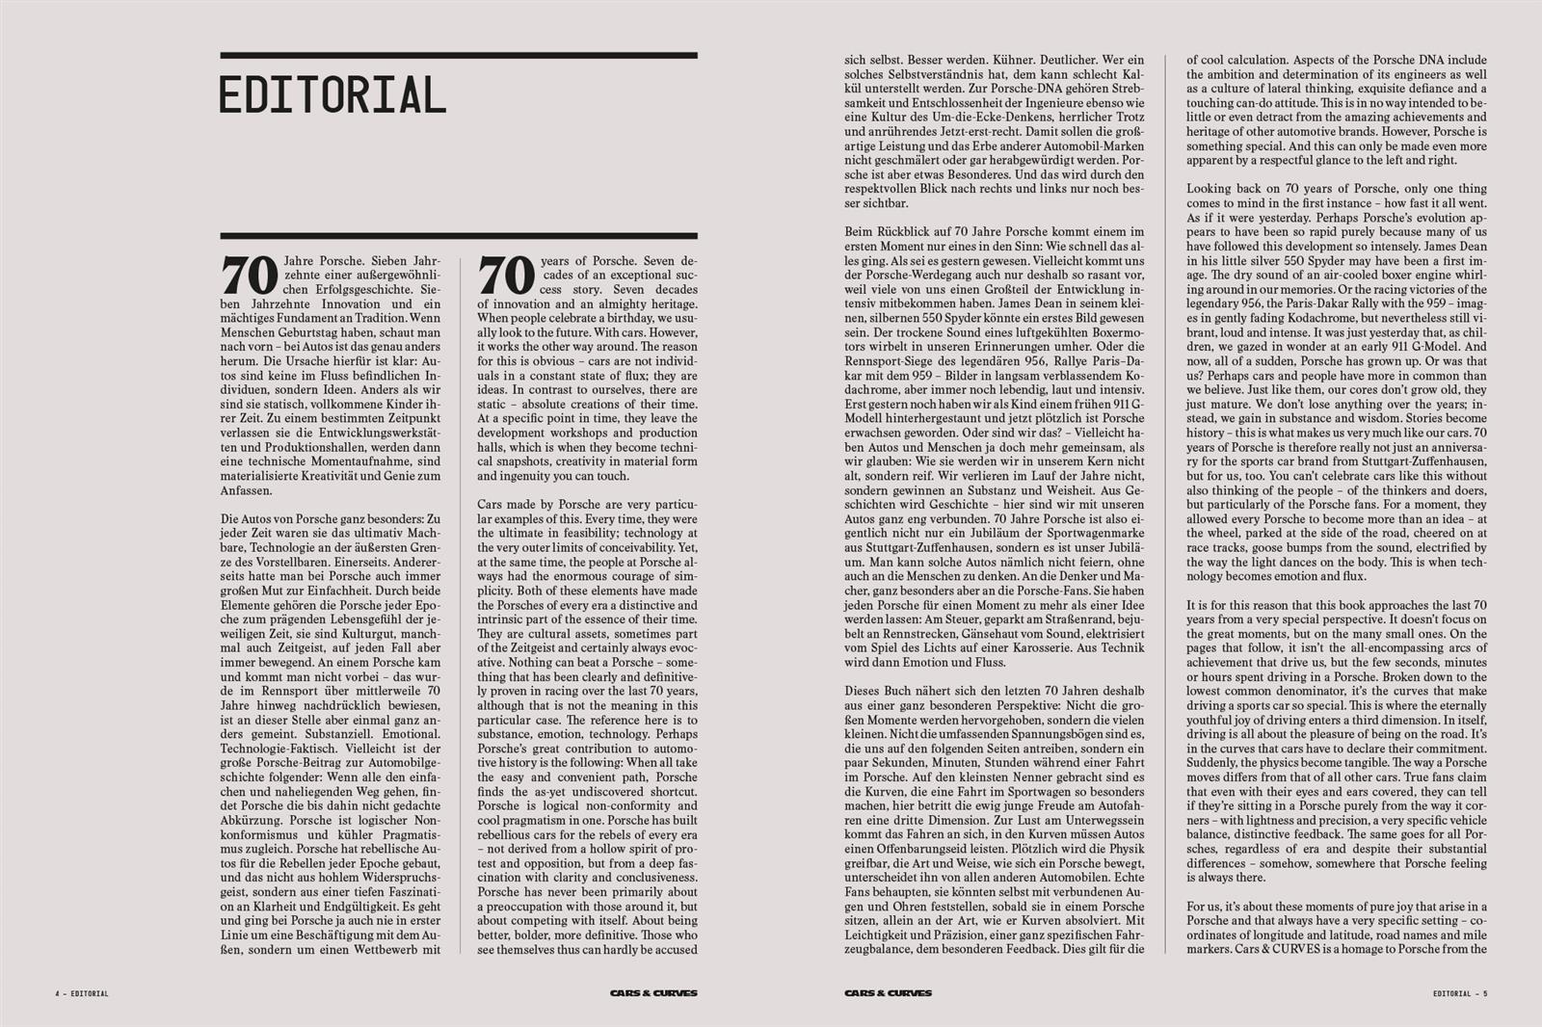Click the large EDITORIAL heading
[332, 94]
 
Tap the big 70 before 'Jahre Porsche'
[251, 276]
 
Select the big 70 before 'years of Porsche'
[506, 276]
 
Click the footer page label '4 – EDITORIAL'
[82, 993]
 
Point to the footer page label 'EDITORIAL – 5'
[1460, 993]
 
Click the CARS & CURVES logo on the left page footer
[653, 993]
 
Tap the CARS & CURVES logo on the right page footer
[888, 993]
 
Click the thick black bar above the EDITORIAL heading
[458, 56]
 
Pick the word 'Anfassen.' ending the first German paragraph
[247, 490]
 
